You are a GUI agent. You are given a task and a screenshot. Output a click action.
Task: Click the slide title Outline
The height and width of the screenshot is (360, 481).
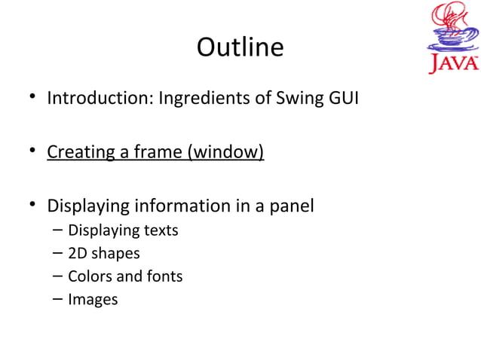coord(240,47)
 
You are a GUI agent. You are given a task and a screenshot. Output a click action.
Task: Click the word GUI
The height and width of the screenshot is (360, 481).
coord(342,99)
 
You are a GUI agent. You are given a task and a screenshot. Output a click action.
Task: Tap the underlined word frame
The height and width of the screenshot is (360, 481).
coord(153,153)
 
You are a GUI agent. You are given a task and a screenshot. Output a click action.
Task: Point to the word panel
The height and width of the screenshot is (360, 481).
coord(291,206)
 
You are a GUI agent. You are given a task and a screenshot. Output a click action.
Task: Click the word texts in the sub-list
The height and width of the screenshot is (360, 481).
coord(161,230)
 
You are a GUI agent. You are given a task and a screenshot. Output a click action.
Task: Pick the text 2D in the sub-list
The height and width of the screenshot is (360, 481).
coord(78,254)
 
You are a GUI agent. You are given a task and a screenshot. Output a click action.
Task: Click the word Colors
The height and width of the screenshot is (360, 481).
coord(90,276)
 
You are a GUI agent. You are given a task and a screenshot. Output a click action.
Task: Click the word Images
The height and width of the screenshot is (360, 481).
coord(93,300)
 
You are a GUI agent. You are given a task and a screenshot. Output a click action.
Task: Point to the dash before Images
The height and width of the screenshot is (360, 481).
coord(57,300)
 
